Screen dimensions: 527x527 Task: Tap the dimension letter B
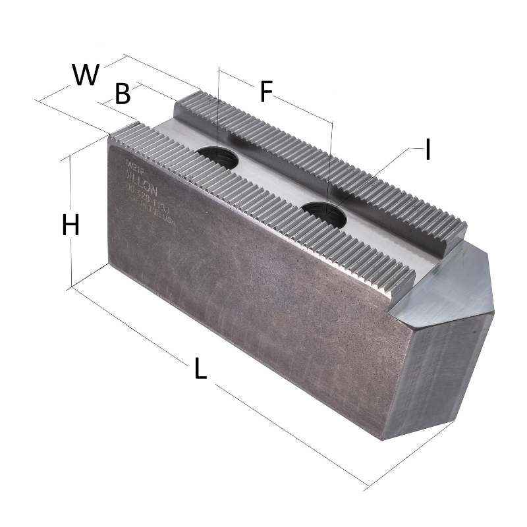click(x=123, y=94)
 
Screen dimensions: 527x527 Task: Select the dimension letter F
click(x=265, y=92)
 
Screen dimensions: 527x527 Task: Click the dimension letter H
click(x=70, y=225)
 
